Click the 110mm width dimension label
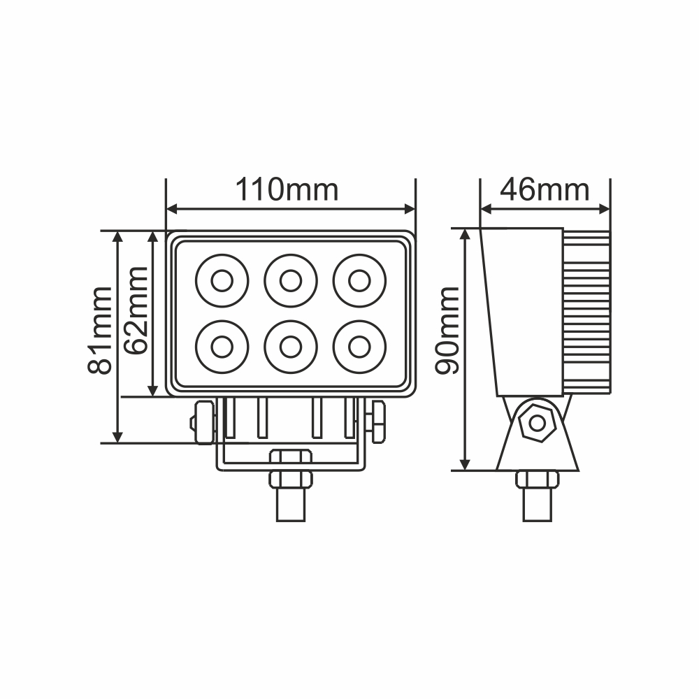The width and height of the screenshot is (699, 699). [x=287, y=189]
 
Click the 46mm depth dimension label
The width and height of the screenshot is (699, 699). [x=545, y=189]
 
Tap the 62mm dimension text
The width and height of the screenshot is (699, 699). [x=137, y=311]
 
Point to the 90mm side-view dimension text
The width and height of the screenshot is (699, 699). [x=447, y=331]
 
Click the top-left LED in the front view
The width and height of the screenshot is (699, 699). [x=222, y=281]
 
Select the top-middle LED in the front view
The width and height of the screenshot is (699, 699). [x=290, y=281]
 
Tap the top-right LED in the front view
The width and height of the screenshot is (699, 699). [x=359, y=281]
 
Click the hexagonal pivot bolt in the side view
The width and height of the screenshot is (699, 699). [x=538, y=422]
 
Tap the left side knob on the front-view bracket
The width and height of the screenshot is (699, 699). [x=203, y=422]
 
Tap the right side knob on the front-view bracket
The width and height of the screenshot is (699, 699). [x=377, y=422]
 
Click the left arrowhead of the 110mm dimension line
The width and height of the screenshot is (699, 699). [x=172, y=208]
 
